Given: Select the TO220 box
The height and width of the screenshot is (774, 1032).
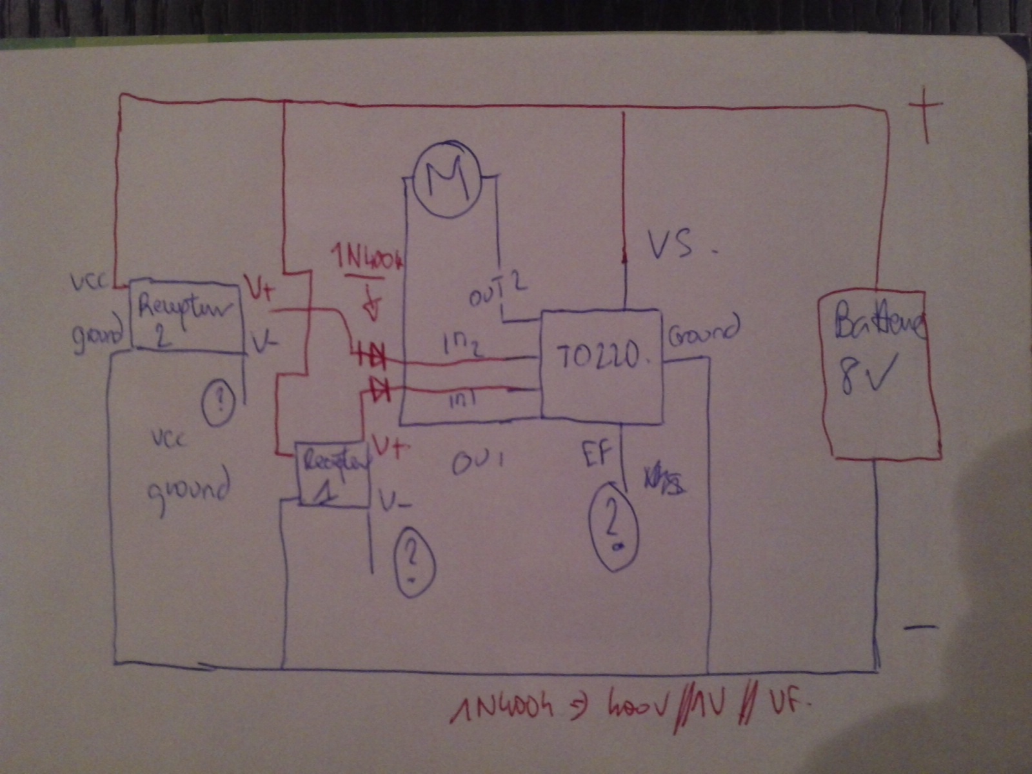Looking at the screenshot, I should click(600, 366).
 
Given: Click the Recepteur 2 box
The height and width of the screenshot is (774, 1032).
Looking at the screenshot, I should click(186, 317).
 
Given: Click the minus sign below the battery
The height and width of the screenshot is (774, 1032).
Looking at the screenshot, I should click(921, 626).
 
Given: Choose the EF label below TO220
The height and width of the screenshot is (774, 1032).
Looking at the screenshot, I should click(596, 452).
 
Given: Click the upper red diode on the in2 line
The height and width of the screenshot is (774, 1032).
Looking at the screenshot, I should click(372, 353).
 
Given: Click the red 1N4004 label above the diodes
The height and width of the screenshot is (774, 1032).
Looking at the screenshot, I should click(368, 261).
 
